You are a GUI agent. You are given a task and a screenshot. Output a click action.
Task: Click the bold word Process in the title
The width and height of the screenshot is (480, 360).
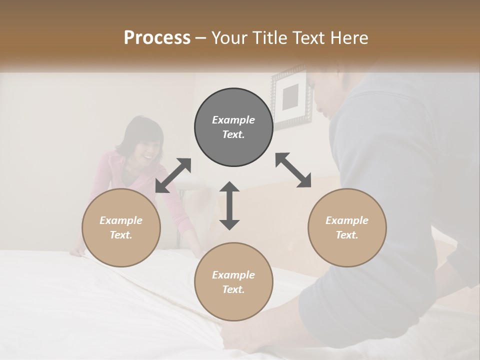(x=157, y=38)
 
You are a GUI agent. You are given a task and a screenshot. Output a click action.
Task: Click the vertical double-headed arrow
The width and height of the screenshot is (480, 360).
(x=229, y=205)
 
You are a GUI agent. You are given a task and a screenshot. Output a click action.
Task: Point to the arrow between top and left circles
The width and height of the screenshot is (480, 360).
(x=173, y=175)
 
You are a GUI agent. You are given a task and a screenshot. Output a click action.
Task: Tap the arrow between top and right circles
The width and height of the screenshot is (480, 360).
(x=293, y=170)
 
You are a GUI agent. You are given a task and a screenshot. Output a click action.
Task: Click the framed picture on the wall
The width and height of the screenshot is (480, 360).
(x=291, y=97)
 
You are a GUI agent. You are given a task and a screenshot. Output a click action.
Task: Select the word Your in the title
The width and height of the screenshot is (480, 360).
(x=229, y=38)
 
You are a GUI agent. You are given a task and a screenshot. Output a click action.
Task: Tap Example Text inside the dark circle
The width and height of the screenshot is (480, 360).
(x=233, y=127)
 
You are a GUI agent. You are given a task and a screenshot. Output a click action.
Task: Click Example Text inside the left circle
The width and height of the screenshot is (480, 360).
(x=121, y=227)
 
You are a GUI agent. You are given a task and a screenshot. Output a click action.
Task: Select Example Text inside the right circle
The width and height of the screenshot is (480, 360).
(x=347, y=227)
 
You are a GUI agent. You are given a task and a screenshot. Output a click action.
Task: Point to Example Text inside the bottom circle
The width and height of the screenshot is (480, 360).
(x=233, y=282)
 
